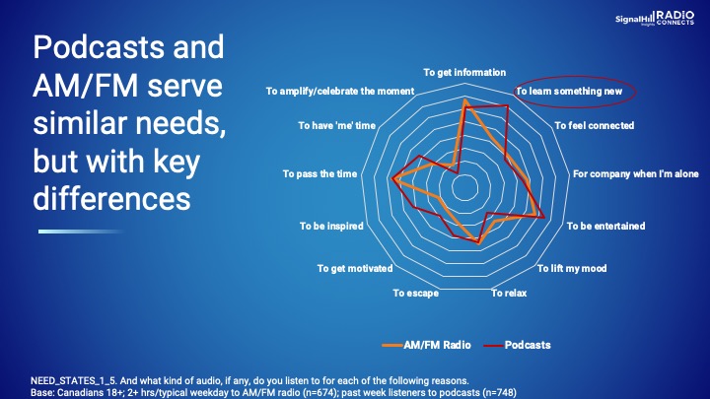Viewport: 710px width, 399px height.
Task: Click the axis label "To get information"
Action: tap(464, 72)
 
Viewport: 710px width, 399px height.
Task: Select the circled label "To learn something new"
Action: tap(569, 92)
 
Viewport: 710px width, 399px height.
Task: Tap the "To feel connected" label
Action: tap(595, 126)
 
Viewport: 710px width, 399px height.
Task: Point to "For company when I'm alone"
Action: tap(636, 174)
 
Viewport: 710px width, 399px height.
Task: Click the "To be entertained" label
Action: tap(605, 227)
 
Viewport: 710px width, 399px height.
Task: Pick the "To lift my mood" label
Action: tap(572, 269)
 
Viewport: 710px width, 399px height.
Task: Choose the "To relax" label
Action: tap(509, 294)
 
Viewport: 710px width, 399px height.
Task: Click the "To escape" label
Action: tap(416, 294)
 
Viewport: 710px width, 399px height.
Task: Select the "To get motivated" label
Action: tap(355, 269)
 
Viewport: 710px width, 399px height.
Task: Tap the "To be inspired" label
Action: tap(331, 227)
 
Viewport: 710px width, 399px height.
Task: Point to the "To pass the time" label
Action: tap(319, 174)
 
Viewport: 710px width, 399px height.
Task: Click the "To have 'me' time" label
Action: tap(337, 126)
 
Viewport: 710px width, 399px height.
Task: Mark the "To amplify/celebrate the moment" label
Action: tap(340, 92)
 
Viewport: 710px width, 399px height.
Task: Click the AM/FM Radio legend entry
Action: tap(427, 345)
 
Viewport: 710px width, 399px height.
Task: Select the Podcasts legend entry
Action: tap(517, 345)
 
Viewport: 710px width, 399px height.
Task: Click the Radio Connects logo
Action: tap(675, 18)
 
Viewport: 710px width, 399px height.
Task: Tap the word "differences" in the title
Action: tap(111, 199)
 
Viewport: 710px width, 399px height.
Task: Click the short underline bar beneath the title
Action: tap(81, 232)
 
